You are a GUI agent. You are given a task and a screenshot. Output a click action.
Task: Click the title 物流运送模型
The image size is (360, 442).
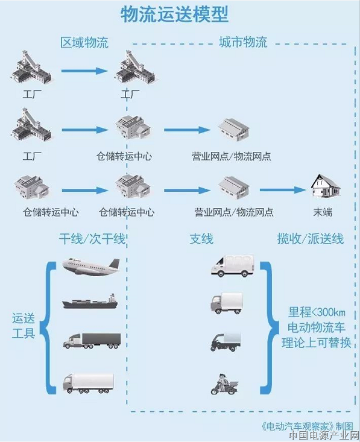174,14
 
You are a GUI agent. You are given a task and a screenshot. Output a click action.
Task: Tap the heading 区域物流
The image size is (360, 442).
84,42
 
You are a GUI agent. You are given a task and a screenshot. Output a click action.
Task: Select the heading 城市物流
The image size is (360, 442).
243,42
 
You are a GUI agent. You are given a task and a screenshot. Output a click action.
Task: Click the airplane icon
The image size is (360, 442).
91,267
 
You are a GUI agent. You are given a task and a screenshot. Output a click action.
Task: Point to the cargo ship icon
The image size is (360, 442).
90,302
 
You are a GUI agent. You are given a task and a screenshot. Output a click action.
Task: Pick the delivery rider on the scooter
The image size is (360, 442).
224,384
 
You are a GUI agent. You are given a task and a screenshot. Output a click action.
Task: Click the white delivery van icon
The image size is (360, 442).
233,266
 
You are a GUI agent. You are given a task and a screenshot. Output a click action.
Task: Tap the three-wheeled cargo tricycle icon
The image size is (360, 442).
226,341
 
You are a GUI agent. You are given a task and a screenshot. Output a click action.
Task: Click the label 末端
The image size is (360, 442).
323,212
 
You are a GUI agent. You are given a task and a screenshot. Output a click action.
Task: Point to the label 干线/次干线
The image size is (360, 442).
92,239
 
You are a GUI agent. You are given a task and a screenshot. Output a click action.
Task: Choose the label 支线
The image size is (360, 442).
201,239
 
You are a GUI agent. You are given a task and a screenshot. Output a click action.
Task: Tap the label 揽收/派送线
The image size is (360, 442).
311,239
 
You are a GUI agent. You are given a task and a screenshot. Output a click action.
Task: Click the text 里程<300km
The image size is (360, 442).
317,312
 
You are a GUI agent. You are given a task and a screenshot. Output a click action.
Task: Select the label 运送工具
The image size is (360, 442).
24,326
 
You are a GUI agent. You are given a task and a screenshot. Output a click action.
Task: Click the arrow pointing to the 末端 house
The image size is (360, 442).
282,190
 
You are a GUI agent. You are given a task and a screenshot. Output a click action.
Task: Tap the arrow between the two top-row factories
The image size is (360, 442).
84,71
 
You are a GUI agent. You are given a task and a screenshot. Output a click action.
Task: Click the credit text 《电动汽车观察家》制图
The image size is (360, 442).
307,426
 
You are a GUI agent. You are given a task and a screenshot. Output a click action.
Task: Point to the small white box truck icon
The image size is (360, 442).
226,303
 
